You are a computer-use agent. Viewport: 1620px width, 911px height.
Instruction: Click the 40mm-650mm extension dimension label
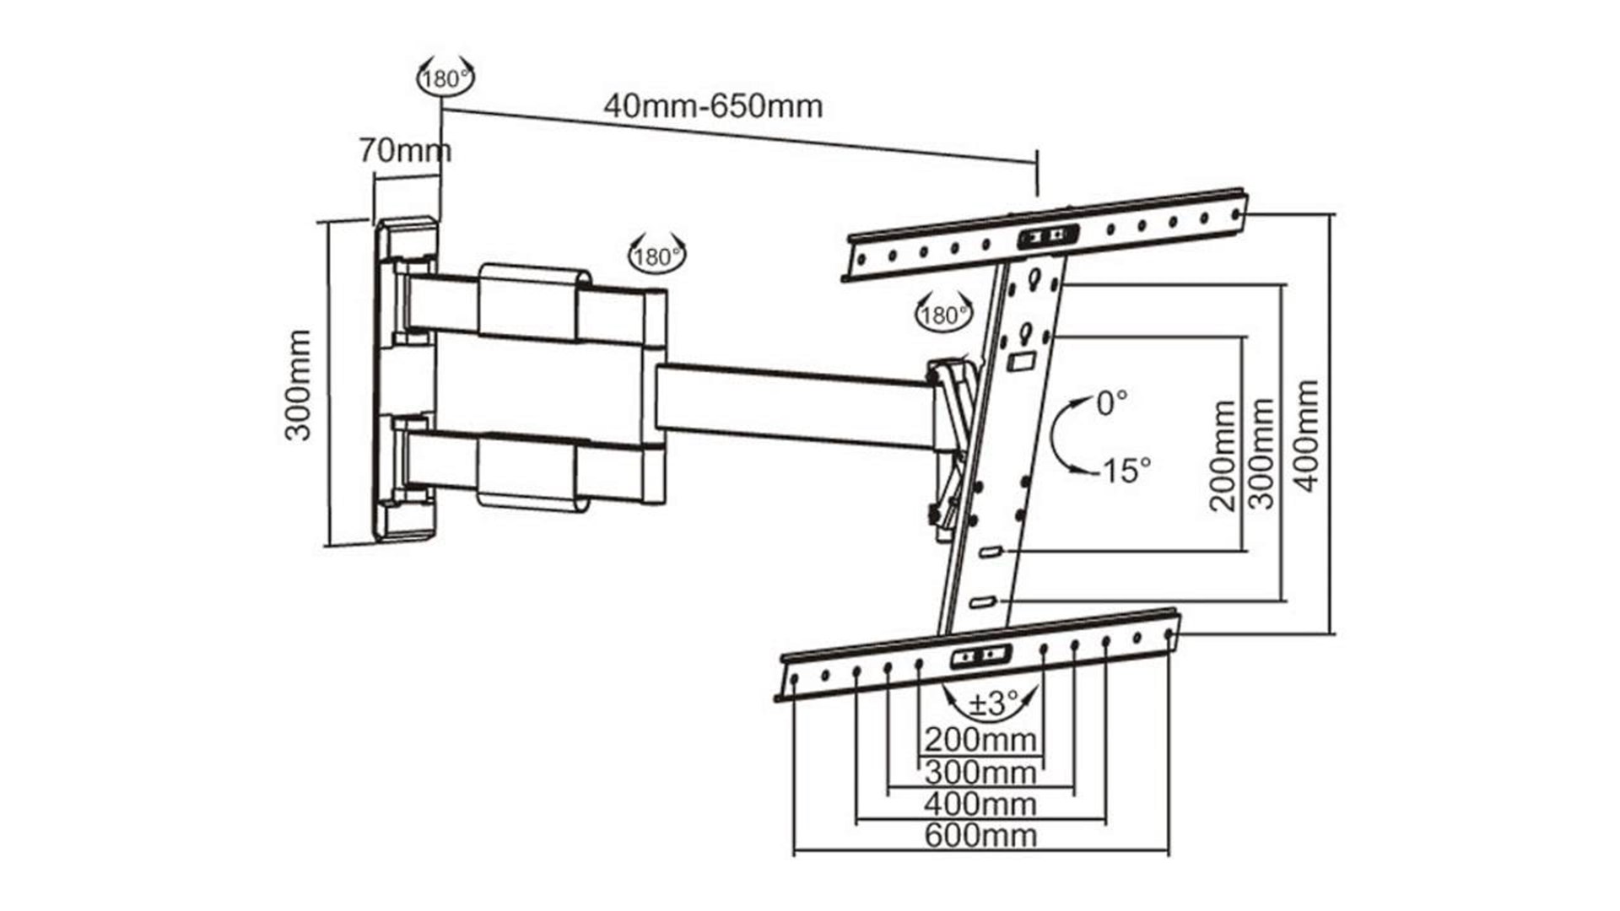(x=713, y=106)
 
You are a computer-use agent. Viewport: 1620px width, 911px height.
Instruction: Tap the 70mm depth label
(x=405, y=150)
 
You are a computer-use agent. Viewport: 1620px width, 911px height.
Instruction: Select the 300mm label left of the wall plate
(x=298, y=385)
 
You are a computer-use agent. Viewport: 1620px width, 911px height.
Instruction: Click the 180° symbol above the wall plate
(x=445, y=78)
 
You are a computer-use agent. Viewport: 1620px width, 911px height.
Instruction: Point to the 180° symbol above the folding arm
(x=656, y=255)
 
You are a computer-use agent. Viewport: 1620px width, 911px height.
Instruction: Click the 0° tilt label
(x=1111, y=403)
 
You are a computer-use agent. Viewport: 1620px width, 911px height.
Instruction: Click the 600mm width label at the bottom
(x=980, y=835)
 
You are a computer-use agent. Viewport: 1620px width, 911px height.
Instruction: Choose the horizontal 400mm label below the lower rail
(x=980, y=804)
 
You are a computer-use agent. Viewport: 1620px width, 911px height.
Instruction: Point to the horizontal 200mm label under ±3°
(x=980, y=740)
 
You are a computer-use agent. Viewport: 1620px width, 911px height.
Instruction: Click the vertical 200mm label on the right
(x=1223, y=455)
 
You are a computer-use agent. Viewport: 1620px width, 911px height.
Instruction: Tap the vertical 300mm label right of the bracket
(x=1261, y=454)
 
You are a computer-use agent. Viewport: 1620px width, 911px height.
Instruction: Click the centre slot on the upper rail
(x=1048, y=237)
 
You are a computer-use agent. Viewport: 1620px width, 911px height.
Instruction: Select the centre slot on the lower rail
(x=981, y=655)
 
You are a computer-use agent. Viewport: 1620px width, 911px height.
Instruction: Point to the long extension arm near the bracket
(x=793, y=406)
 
